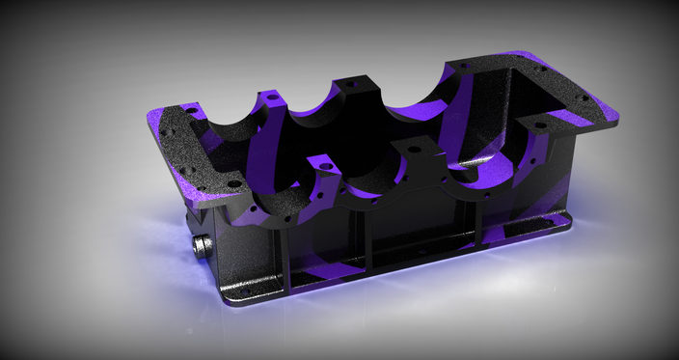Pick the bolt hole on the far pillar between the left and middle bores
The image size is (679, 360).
pyautogui.click(x=274, y=97)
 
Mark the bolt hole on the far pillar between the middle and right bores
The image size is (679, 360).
pyautogui.click(x=350, y=85)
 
